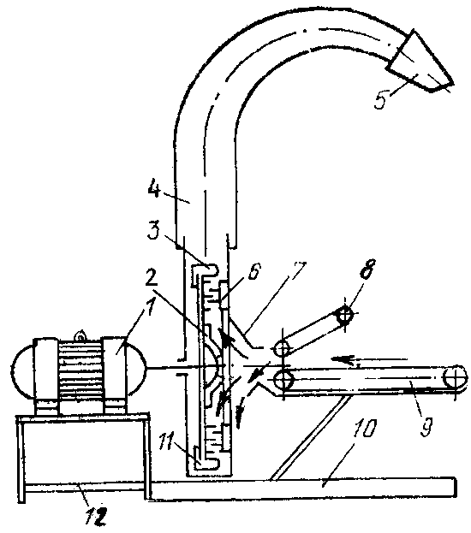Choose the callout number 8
367,269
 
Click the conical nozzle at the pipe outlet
420,63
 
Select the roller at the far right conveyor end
455,377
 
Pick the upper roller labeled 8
344,316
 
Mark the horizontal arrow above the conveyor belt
370,359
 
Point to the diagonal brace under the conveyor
310,439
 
